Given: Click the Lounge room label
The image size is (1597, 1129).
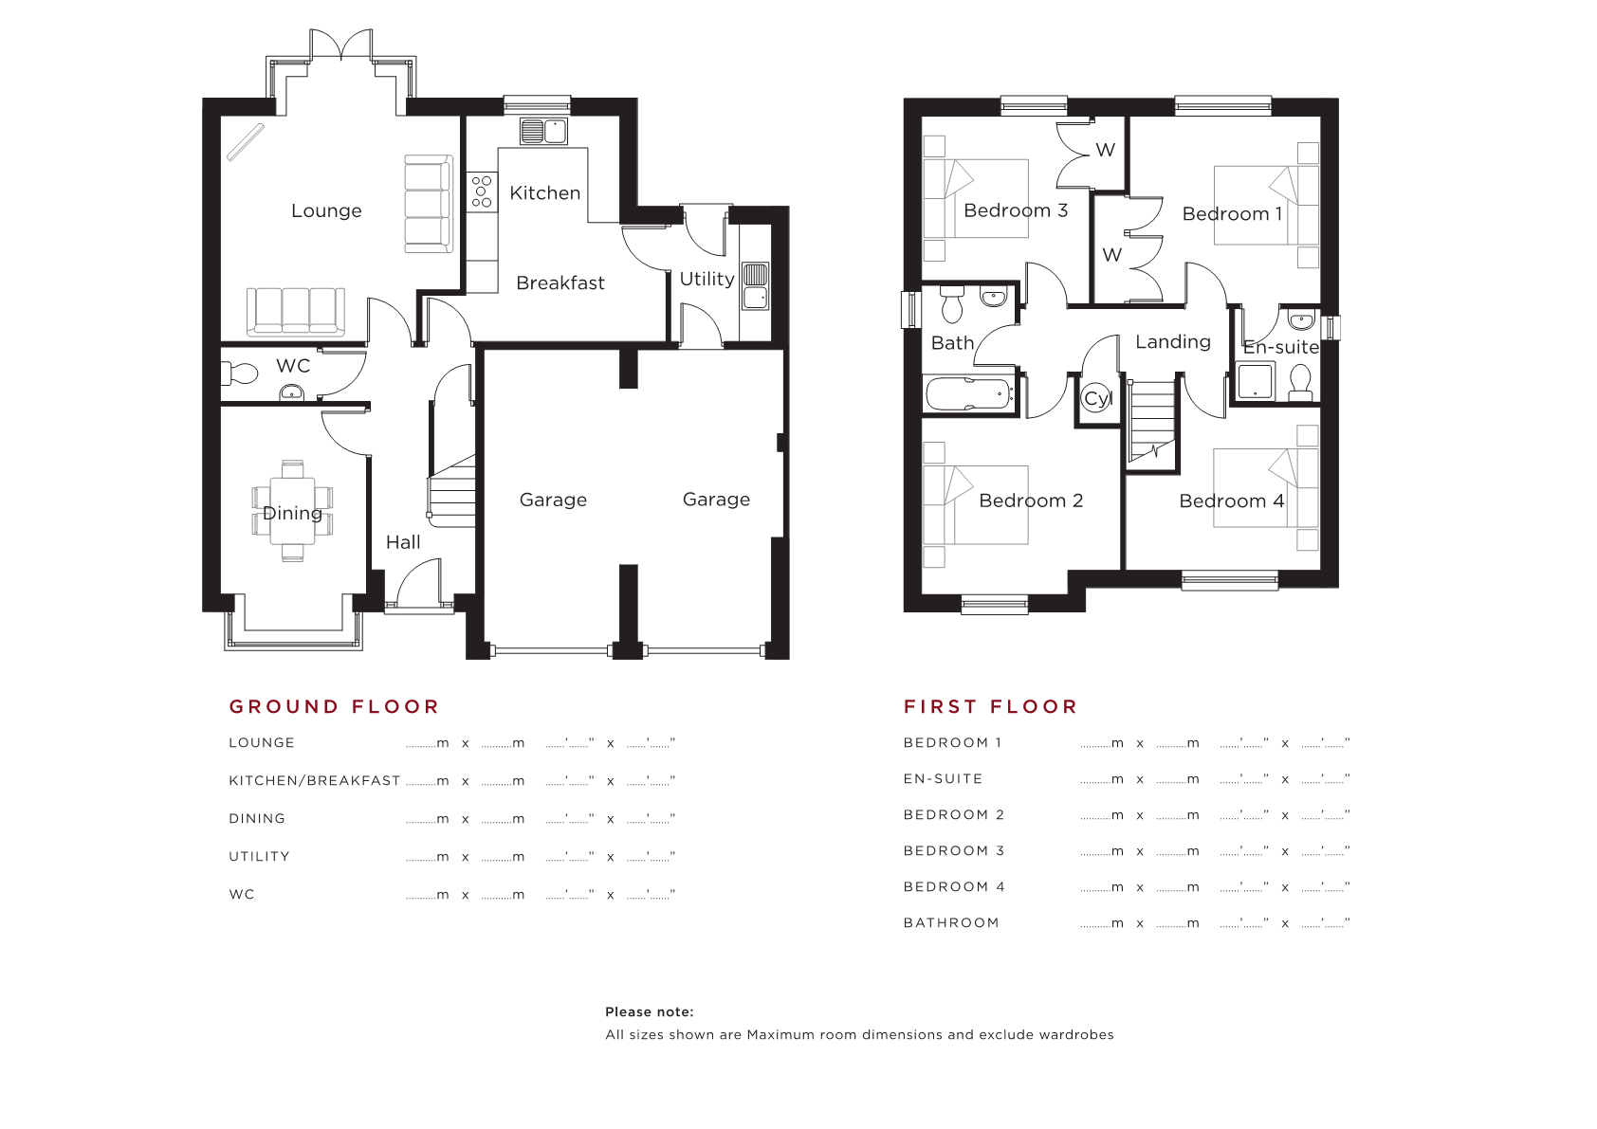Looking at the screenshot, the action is (x=326, y=211).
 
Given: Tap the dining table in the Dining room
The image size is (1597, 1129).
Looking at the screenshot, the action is (x=292, y=511).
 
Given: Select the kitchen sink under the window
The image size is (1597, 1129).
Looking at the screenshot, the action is (x=543, y=131).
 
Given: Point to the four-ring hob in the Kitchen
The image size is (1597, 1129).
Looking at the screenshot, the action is (x=482, y=191).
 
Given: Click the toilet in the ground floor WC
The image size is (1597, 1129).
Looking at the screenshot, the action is (x=239, y=373).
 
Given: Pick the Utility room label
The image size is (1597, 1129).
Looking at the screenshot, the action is (x=707, y=279).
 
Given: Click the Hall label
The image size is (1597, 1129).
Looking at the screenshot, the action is (x=403, y=542).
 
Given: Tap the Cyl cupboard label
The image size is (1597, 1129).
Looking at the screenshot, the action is (x=1097, y=398).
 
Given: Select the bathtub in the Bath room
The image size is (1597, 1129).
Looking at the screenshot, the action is (x=969, y=393).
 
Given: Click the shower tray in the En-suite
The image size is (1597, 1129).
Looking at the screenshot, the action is (x=1254, y=381).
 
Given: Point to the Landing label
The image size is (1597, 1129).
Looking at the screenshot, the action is (x=1173, y=342).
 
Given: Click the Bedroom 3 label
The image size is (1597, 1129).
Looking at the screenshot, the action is (x=1016, y=210).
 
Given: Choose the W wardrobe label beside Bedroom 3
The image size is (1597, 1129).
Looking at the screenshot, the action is (x=1105, y=150).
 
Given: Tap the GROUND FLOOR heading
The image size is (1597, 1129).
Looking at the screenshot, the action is (x=334, y=706).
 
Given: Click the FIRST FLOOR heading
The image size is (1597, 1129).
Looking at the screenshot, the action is (x=990, y=706).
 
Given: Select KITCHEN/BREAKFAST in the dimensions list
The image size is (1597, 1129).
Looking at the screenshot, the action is (x=315, y=780).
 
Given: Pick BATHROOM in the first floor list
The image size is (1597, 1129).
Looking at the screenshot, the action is (x=951, y=922).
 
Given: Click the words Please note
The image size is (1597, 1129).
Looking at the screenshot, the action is (x=649, y=1011).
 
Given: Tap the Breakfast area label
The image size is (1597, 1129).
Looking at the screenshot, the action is (x=560, y=283).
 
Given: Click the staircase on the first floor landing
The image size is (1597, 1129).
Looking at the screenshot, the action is (x=1150, y=421).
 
